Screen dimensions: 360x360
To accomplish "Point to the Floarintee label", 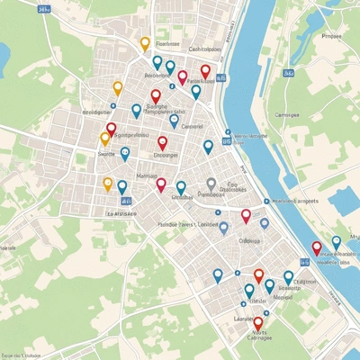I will pos(167,43).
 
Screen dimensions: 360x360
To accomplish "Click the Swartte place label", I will pos(106,155).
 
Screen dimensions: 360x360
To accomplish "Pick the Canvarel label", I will pos(193,127).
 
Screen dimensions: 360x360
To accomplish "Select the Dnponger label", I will pos(166,155).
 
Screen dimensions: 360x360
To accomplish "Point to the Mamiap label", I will pos(146,175).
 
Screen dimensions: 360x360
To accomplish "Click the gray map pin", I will pos(211,184).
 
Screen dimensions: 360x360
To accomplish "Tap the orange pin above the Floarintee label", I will pos(145,43).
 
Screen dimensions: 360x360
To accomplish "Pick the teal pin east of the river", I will pos(337,242).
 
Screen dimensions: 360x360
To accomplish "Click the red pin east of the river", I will pos(317,247).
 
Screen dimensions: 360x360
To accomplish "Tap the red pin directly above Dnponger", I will pos(163,142).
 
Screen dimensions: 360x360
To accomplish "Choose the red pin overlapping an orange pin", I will pos(111,130).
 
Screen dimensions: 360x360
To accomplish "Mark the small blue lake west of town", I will pos(4,58).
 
